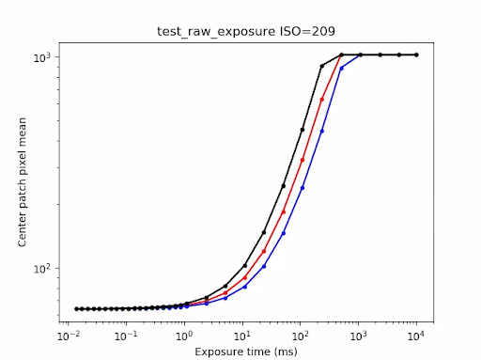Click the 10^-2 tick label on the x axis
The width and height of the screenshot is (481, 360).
[67, 336]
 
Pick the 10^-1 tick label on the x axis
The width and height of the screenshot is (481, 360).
[125, 336]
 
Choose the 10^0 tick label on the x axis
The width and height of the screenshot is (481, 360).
[184, 336]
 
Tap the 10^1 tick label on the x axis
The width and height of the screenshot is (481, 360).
[243, 336]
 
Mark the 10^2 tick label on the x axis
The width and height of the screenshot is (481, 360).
[302, 336]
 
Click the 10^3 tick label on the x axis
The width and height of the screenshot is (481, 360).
[360, 336]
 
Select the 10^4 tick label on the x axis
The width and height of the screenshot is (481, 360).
[418, 336]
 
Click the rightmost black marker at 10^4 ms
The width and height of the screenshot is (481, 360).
[417, 55]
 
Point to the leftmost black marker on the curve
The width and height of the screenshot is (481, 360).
[77, 308]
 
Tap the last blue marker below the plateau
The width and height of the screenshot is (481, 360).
[342, 69]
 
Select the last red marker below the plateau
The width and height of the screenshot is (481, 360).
[322, 99]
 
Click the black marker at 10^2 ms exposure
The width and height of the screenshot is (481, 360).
[302, 130]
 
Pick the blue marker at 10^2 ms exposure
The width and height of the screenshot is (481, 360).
[302, 188]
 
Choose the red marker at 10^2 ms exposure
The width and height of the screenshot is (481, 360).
[302, 160]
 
